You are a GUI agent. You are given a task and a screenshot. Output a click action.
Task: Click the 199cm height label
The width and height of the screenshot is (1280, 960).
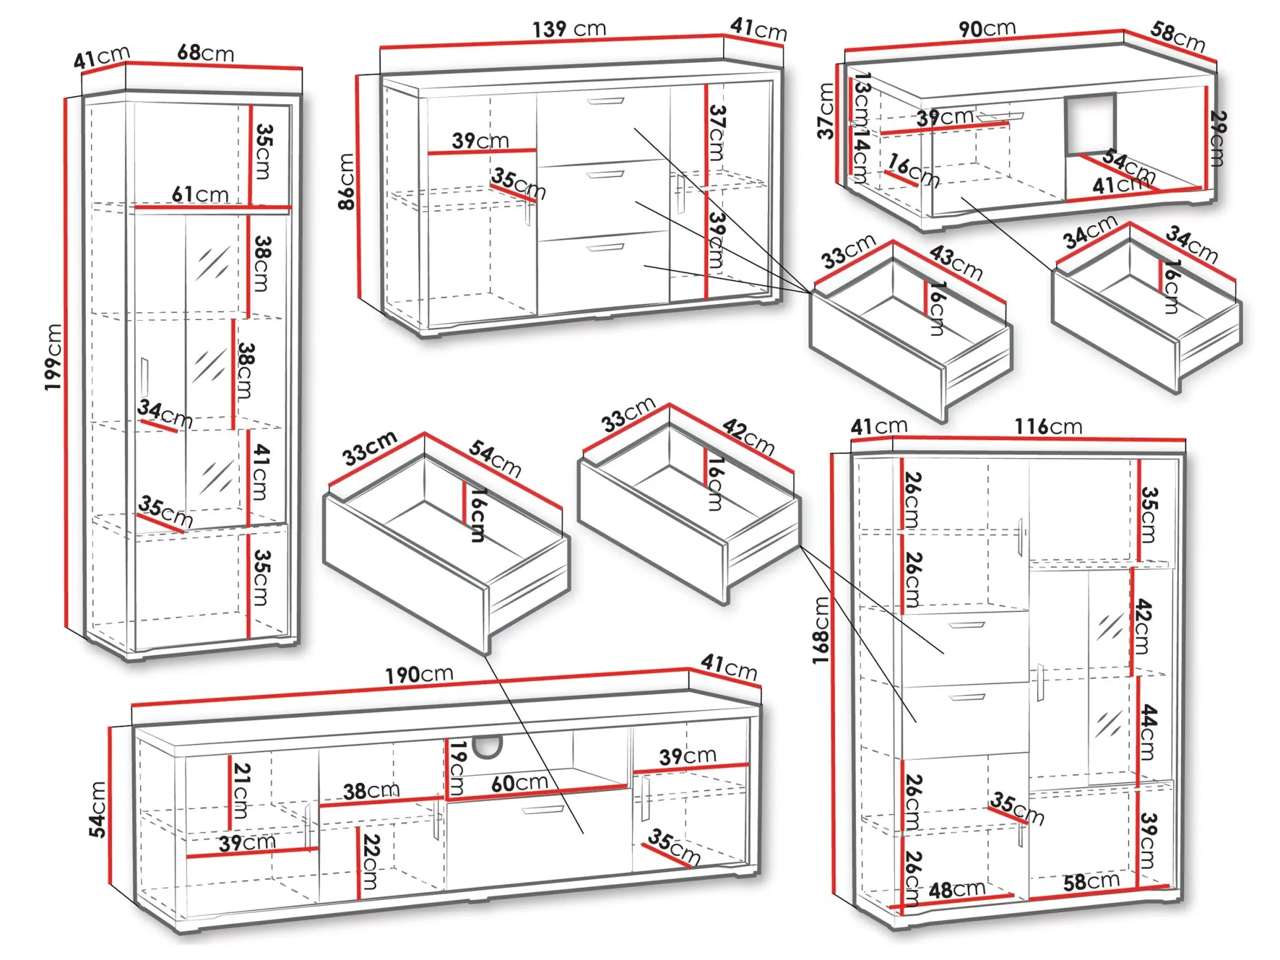pos(53,357)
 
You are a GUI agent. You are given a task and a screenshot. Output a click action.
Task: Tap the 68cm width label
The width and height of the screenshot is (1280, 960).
pos(205,53)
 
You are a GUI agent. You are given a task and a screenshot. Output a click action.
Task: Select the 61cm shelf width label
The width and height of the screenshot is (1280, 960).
pos(200,195)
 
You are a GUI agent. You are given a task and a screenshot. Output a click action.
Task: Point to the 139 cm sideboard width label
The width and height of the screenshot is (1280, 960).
pos(569,29)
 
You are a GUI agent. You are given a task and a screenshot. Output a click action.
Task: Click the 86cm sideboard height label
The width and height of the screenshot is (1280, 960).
pos(346,181)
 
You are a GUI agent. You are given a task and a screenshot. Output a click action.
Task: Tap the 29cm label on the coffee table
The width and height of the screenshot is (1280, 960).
pos(1217,139)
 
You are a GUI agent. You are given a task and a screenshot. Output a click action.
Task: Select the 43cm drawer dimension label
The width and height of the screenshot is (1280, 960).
pos(956,262)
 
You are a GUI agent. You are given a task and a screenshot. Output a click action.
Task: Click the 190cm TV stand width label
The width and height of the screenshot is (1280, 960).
pos(419,674)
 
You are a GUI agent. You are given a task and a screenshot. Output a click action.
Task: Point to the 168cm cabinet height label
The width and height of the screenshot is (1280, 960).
pos(820,630)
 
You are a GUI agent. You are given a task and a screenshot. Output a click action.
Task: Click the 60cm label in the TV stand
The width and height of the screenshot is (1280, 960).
pos(519,783)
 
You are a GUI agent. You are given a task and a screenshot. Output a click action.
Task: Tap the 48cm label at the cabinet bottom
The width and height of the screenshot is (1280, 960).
pos(957,890)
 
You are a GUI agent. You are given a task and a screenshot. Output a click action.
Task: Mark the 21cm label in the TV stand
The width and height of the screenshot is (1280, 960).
pos(241,790)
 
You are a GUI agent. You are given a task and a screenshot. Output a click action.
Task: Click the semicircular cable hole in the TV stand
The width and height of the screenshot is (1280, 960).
pos(488,746)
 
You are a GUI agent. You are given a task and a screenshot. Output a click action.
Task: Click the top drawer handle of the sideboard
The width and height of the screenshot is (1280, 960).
pos(605,102)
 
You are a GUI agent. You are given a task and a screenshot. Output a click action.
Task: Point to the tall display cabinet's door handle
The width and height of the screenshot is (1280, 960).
pos(144,377)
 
